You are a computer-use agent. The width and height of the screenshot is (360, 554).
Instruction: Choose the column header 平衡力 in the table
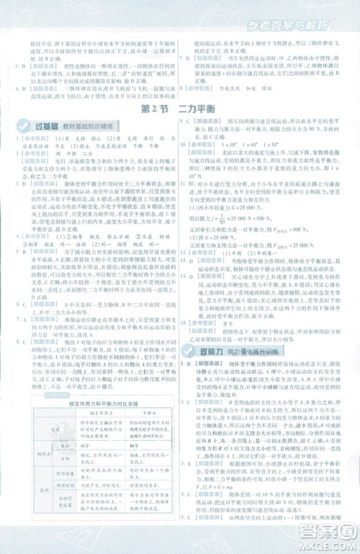[147, 416]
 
